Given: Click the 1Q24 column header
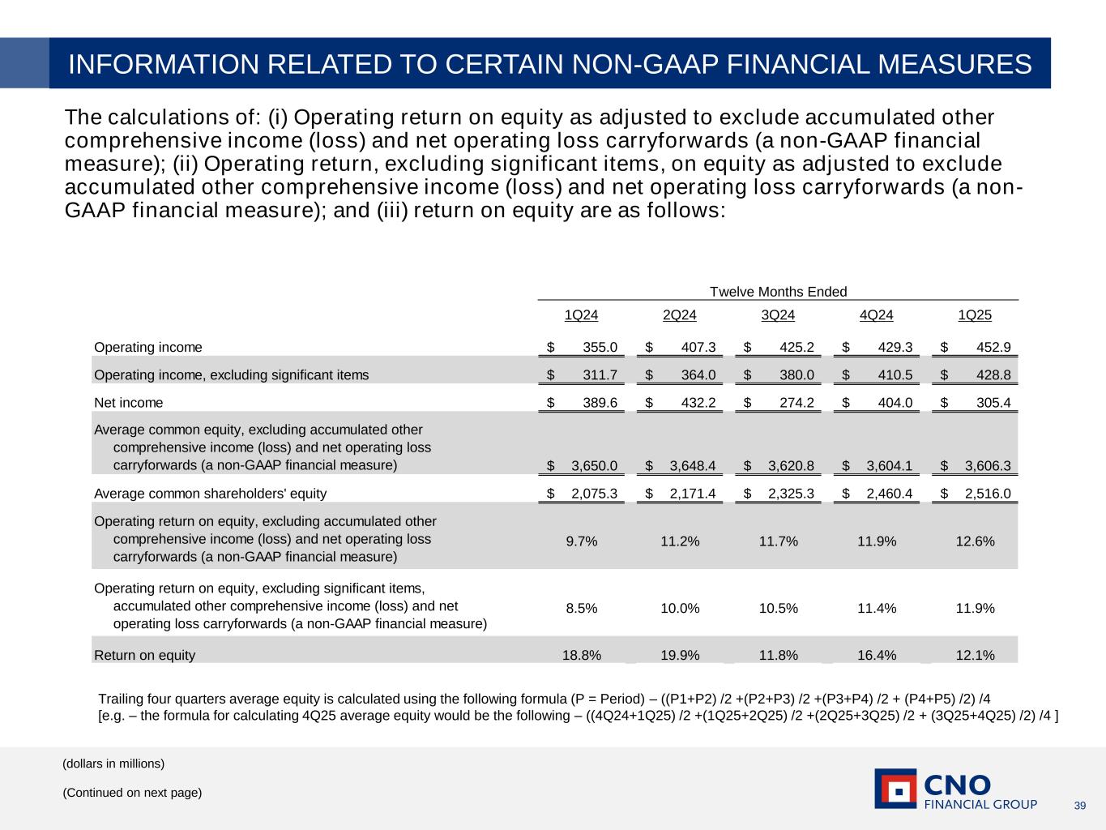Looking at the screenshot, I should tap(581, 315).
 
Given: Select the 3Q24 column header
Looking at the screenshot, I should tap(778, 315).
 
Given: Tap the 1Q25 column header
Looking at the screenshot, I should tap(975, 315).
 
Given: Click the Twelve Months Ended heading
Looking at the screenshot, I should tap(778, 292).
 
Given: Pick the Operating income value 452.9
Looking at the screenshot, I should tap(993, 348).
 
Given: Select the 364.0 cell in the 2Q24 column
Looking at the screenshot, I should tap(698, 375).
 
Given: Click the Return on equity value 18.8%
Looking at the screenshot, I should tap(582, 656).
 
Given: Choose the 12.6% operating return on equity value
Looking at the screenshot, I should tap(976, 541).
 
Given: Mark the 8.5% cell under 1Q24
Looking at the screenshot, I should tap(582, 609).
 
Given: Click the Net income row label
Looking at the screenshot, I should tap(129, 403).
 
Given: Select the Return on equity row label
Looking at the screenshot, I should tap(145, 656).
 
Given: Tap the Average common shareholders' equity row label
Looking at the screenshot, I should tap(211, 494).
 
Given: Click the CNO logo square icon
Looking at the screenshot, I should tap(895, 789).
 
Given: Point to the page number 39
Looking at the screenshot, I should tap(1079, 805).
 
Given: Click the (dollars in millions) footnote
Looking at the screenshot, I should tap(113, 764).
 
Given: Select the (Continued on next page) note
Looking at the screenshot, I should tap(132, 793).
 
